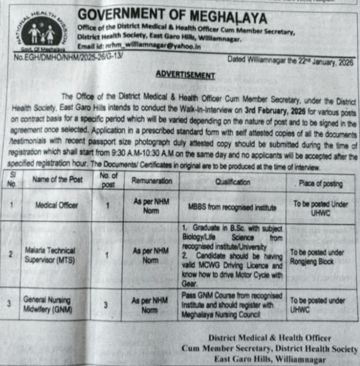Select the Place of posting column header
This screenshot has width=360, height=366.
pyautogui.click(x=320, y=183)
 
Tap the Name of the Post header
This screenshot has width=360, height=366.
pyautogui.click(x=58, y=179)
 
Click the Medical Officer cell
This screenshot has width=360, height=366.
pyautogui.click(x=57, y=205)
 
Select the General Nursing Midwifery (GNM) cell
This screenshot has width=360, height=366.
pyautogui.click(x=47, y=304)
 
